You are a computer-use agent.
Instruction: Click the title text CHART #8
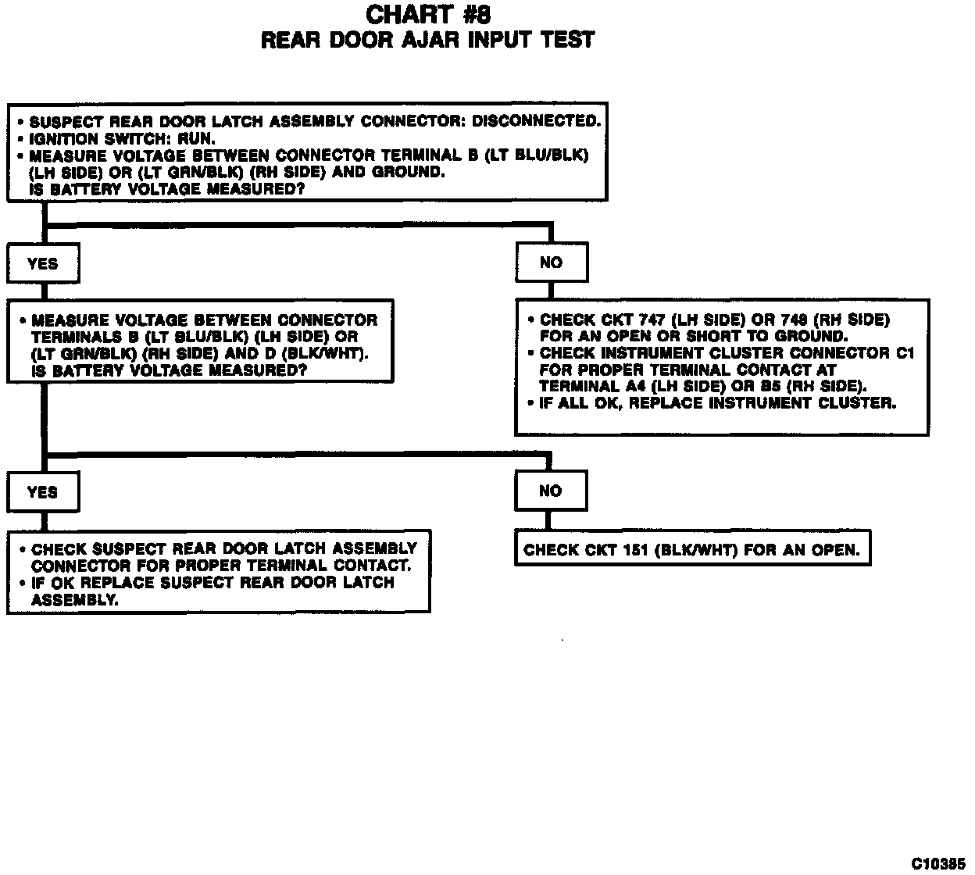[427, 14]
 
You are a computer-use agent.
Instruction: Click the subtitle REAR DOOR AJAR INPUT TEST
[427, 40]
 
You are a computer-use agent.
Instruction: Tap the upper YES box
[43, 263]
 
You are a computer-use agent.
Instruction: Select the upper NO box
[551, 262]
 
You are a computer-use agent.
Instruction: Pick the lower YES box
[42, 491]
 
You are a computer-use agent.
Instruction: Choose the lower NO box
[550, 491]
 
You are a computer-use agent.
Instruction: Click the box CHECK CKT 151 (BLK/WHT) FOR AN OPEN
[692, 550]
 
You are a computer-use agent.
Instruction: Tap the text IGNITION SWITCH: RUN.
[122, 138]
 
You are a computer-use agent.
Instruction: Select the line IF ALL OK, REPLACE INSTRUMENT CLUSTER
[717, 403]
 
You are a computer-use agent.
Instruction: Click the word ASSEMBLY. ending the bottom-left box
[75, 600]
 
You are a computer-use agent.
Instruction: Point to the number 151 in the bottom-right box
[631, 550]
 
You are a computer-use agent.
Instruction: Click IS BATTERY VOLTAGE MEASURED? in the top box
[166, 189]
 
